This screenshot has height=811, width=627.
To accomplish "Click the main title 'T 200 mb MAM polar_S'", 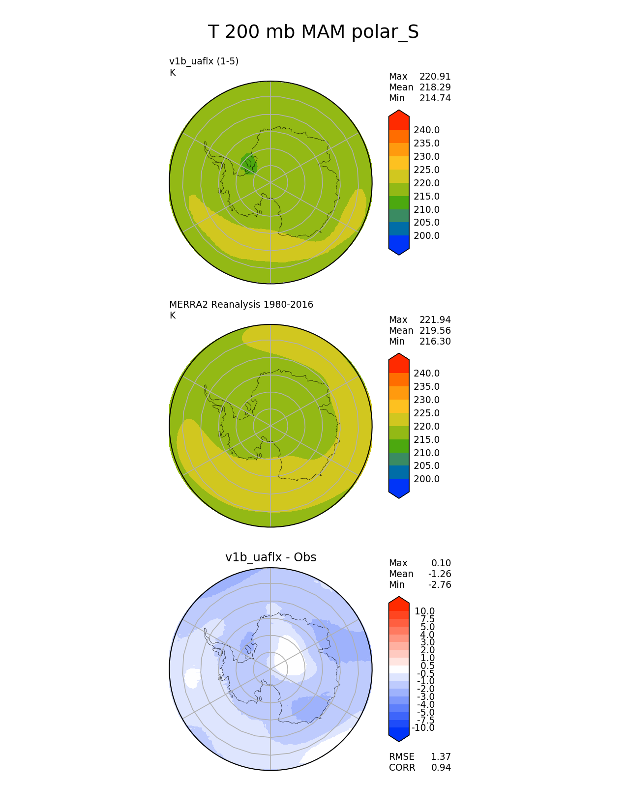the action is pyautogui.click(x=313, y=32).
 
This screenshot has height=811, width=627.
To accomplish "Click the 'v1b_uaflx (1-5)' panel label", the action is pyautogui.click(x=204, y=61).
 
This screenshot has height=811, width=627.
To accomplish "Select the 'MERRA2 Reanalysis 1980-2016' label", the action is pyautogui.click(x=241, y=304).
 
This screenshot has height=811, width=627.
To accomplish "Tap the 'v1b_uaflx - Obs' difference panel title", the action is pyautogui.click(x=270, y=557).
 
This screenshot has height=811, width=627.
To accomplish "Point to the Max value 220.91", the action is pyautogui.click(x=435, y=77).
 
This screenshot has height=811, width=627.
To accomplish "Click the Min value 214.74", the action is pyautogui.click(x=435, y=98).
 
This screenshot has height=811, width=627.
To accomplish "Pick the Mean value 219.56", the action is pyautogui.click(x=435, y=330).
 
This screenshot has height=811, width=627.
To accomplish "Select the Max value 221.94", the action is pyautogui.click(x=435, y=319).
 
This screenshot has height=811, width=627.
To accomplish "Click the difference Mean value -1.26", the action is pyautogui.click(x=440, y=574).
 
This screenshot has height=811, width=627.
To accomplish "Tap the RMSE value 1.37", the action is pyautogui.click(x=441, y=756).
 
